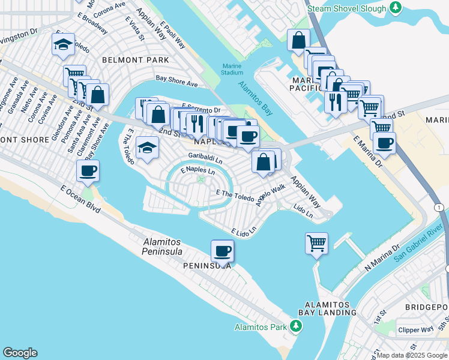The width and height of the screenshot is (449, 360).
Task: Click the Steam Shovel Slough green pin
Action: pyautogui.click(x=395, y=7)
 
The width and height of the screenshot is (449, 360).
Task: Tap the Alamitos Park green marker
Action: pyautogui.click(x=295, y=326)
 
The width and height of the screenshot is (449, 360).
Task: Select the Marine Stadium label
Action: pyautogui.click(x=232, y=69)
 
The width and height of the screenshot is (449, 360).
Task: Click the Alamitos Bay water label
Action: pyautogui.click(x=255, y=98)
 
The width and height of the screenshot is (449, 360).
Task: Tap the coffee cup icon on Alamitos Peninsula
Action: pyautogui.click(x=222, y=251)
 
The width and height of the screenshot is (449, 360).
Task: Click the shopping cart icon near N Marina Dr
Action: pyautogui.click(x=316, y=244)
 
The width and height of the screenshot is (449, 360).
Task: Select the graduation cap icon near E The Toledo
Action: pyautogui.click(x=147, y=148)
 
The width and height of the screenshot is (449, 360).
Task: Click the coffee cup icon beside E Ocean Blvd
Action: pyautogui.click(x=88, y=171)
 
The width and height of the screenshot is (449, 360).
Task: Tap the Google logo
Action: pyautogui.click(x=20, y=353)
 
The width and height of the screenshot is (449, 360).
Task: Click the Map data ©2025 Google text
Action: pyautogui.click(x=411, y=355)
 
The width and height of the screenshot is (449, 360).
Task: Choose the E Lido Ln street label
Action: pyautogui.click(x=244, y=231)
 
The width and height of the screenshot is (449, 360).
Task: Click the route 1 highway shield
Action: pyautogui.click(x=439, y=207)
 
